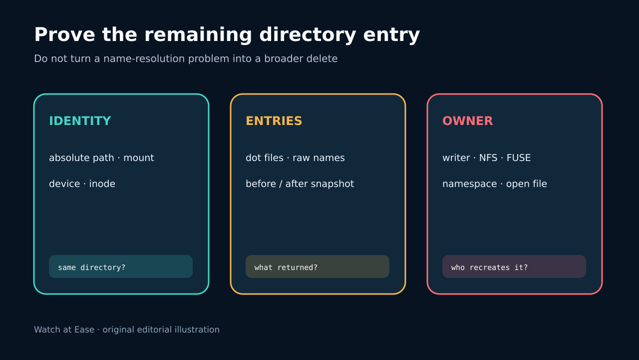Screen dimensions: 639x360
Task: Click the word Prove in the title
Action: tap(64, 35)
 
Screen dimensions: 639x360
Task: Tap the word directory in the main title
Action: tap(308, 35)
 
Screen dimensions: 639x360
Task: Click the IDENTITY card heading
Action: tap(80, 121)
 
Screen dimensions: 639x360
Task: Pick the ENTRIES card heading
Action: tap(274, 121)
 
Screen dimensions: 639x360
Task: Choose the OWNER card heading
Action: tap(468, 121)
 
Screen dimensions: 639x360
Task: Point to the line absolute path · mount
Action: tap(101, 157)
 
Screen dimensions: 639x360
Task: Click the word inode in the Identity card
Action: tap(102, 183)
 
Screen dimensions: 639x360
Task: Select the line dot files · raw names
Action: tap(295, 157)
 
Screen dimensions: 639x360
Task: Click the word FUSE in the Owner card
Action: tap(518, 157)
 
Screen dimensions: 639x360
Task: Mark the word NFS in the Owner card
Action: tap(488, 157)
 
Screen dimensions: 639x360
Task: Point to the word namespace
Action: tap(470, 184)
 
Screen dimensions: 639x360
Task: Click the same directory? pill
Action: tap(121, 266)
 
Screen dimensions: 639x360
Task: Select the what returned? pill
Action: tap(318, 266)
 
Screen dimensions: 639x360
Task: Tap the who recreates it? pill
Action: tap(514, 266)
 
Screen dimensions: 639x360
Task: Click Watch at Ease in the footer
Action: tap(64, 329)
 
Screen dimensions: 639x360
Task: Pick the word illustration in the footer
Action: tap(197, 329)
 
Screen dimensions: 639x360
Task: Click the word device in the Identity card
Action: tap(64, 183)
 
